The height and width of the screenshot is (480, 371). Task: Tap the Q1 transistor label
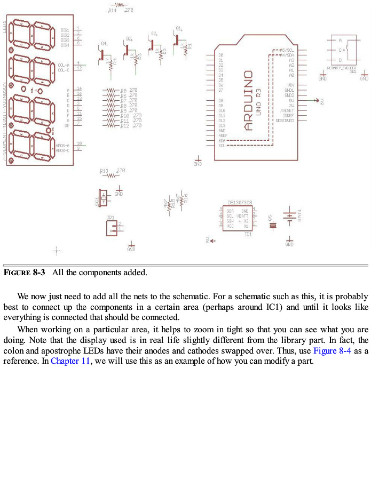coord(178,28)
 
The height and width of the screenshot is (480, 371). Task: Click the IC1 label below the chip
coord(248,234)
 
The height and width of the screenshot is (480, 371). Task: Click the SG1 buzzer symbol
coord(102,197)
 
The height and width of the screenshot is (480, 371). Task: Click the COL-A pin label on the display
coord(64,65)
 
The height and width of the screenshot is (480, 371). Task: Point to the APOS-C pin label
coord(63,150)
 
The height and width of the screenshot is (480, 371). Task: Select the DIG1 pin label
coord(65,30)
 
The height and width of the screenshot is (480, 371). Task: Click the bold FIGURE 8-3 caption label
coord(24,273)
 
